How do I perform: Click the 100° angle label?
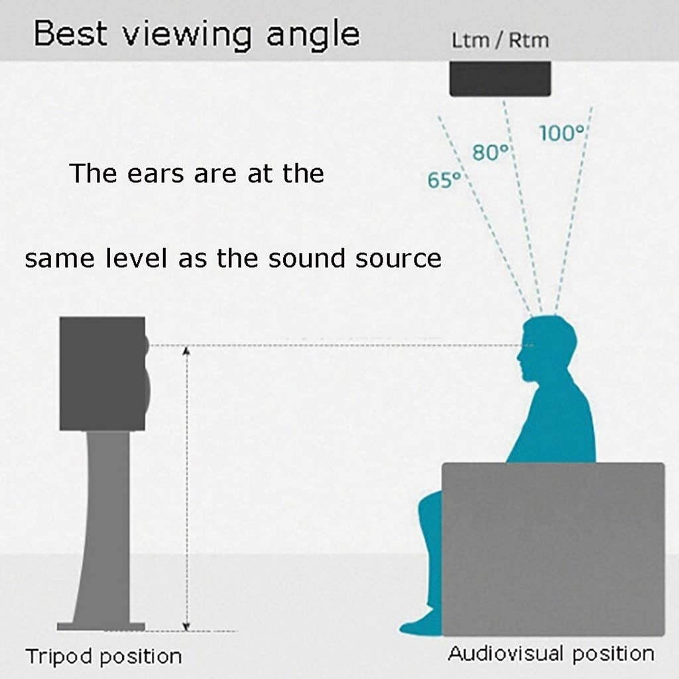pos(562,133)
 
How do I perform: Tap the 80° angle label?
pos(490,153)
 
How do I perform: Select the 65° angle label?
pos(444,180)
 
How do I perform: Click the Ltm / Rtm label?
pos(500,40)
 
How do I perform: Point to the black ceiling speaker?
pos(500,79)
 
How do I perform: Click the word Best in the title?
pos(70,33)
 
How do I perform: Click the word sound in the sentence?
pos(306,259)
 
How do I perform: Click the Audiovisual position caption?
pos(551,654)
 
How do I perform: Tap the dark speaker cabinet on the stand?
pos(104,374)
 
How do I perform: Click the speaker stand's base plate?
pos(101,627)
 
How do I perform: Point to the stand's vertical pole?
pos(104,526)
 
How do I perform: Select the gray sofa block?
pos(553,549)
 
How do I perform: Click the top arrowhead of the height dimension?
pos(186,350)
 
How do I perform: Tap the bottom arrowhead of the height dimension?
pos(186,627)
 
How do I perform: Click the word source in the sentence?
pos(399,259)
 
